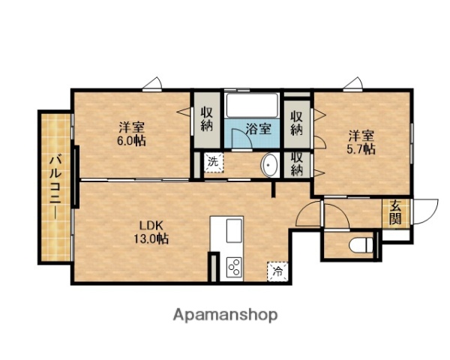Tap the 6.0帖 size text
(131, 140)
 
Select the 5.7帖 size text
(361, 149)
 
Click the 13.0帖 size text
(151, 239)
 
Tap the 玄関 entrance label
(394, 214)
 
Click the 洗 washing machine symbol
(213, 162)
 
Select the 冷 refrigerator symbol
(277, 270)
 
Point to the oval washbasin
(268, 166)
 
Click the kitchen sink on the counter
(232, 228)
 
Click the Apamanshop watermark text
(225, 314)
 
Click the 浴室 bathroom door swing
(238, 136)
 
